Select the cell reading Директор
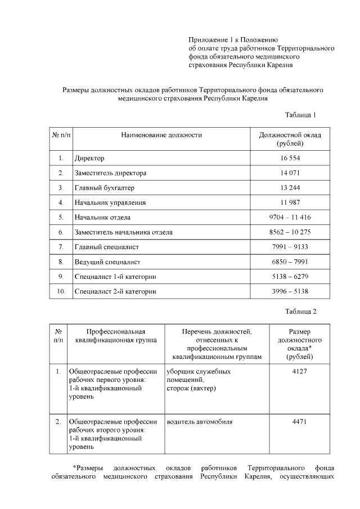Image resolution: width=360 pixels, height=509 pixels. [89, 158]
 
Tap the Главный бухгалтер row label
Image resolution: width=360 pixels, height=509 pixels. [105, 187]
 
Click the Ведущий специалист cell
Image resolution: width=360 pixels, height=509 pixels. [107, 262]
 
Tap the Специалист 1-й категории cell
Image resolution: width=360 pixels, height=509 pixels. [115, 277]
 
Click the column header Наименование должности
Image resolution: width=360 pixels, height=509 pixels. [161, 135]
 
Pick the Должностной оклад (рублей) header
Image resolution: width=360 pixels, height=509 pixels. [290, 139]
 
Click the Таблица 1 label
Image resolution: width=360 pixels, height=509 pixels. [301, 115]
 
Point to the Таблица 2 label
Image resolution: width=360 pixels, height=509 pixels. [301, 311]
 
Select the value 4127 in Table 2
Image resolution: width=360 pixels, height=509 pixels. [299, 372]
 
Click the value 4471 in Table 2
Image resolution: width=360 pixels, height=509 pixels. [299, 421]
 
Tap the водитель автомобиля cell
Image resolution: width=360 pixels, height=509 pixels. [200, 421]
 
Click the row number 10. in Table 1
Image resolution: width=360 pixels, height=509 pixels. [61, 291]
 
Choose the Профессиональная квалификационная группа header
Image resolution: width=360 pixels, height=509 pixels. [112, 335]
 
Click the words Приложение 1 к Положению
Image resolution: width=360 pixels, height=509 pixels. [233, 39]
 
